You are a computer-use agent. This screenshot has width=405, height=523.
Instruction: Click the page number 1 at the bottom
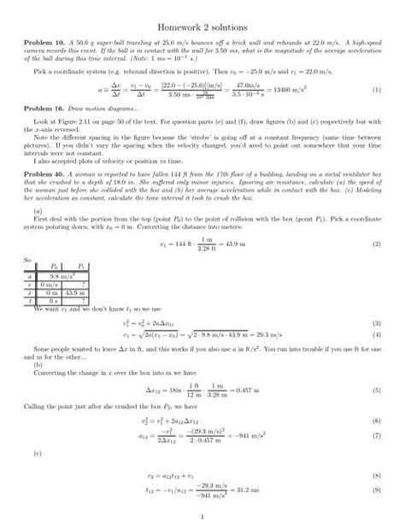pyautogui.click(x=202, y=514)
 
